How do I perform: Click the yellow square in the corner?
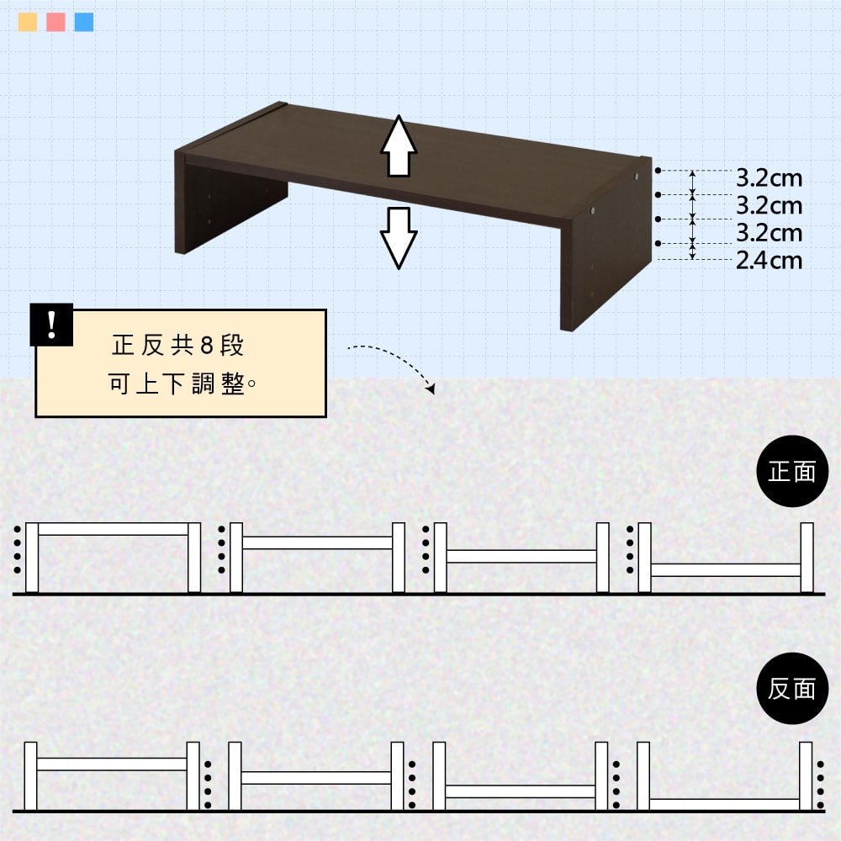pos(28,22)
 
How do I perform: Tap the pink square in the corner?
pos(56,22)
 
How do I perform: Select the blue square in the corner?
pos(84,22)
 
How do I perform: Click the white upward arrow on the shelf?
pos(399,145)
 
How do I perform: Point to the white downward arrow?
pos(399,238)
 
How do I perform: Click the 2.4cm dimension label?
pos(769,261)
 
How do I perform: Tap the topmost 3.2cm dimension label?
pos(769,178)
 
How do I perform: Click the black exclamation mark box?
pos(51,325)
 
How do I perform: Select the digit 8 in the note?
pos(207,346)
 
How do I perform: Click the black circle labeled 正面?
pos(792,471)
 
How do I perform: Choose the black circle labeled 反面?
pos(792,688)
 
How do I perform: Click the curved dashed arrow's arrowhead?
pos(430,389)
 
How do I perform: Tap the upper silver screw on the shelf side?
pos(637,176)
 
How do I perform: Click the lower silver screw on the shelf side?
pos(593,211)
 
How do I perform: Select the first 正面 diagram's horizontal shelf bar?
pos(114,529)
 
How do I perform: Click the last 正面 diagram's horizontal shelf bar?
pos(726,569)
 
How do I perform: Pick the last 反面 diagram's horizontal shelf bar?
pos(725,803)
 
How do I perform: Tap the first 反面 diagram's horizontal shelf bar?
pos(112,764)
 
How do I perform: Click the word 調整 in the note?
pos(219,384)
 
